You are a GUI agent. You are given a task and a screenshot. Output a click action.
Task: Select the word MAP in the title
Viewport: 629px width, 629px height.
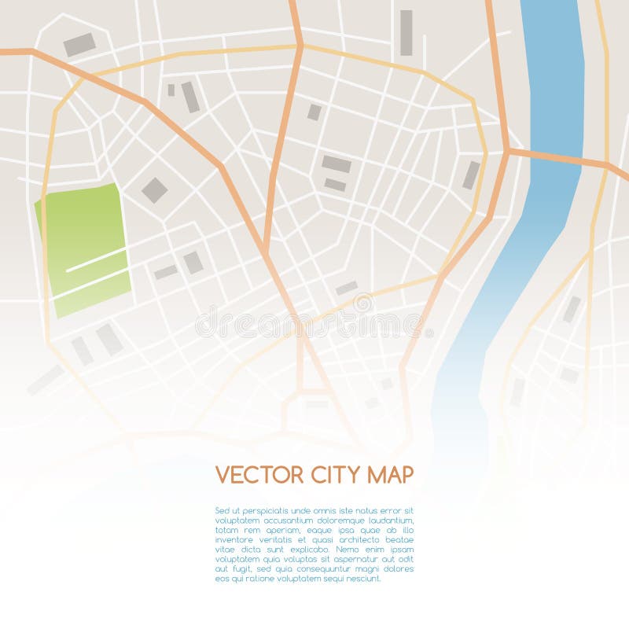388,475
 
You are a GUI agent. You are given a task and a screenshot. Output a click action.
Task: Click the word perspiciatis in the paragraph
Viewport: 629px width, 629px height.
263,510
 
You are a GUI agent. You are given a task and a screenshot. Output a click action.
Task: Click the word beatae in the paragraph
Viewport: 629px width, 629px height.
399,539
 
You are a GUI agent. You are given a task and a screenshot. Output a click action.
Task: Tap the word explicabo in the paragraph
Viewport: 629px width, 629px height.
307,549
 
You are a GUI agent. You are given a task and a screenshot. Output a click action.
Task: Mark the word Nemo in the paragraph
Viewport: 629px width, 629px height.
346,549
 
